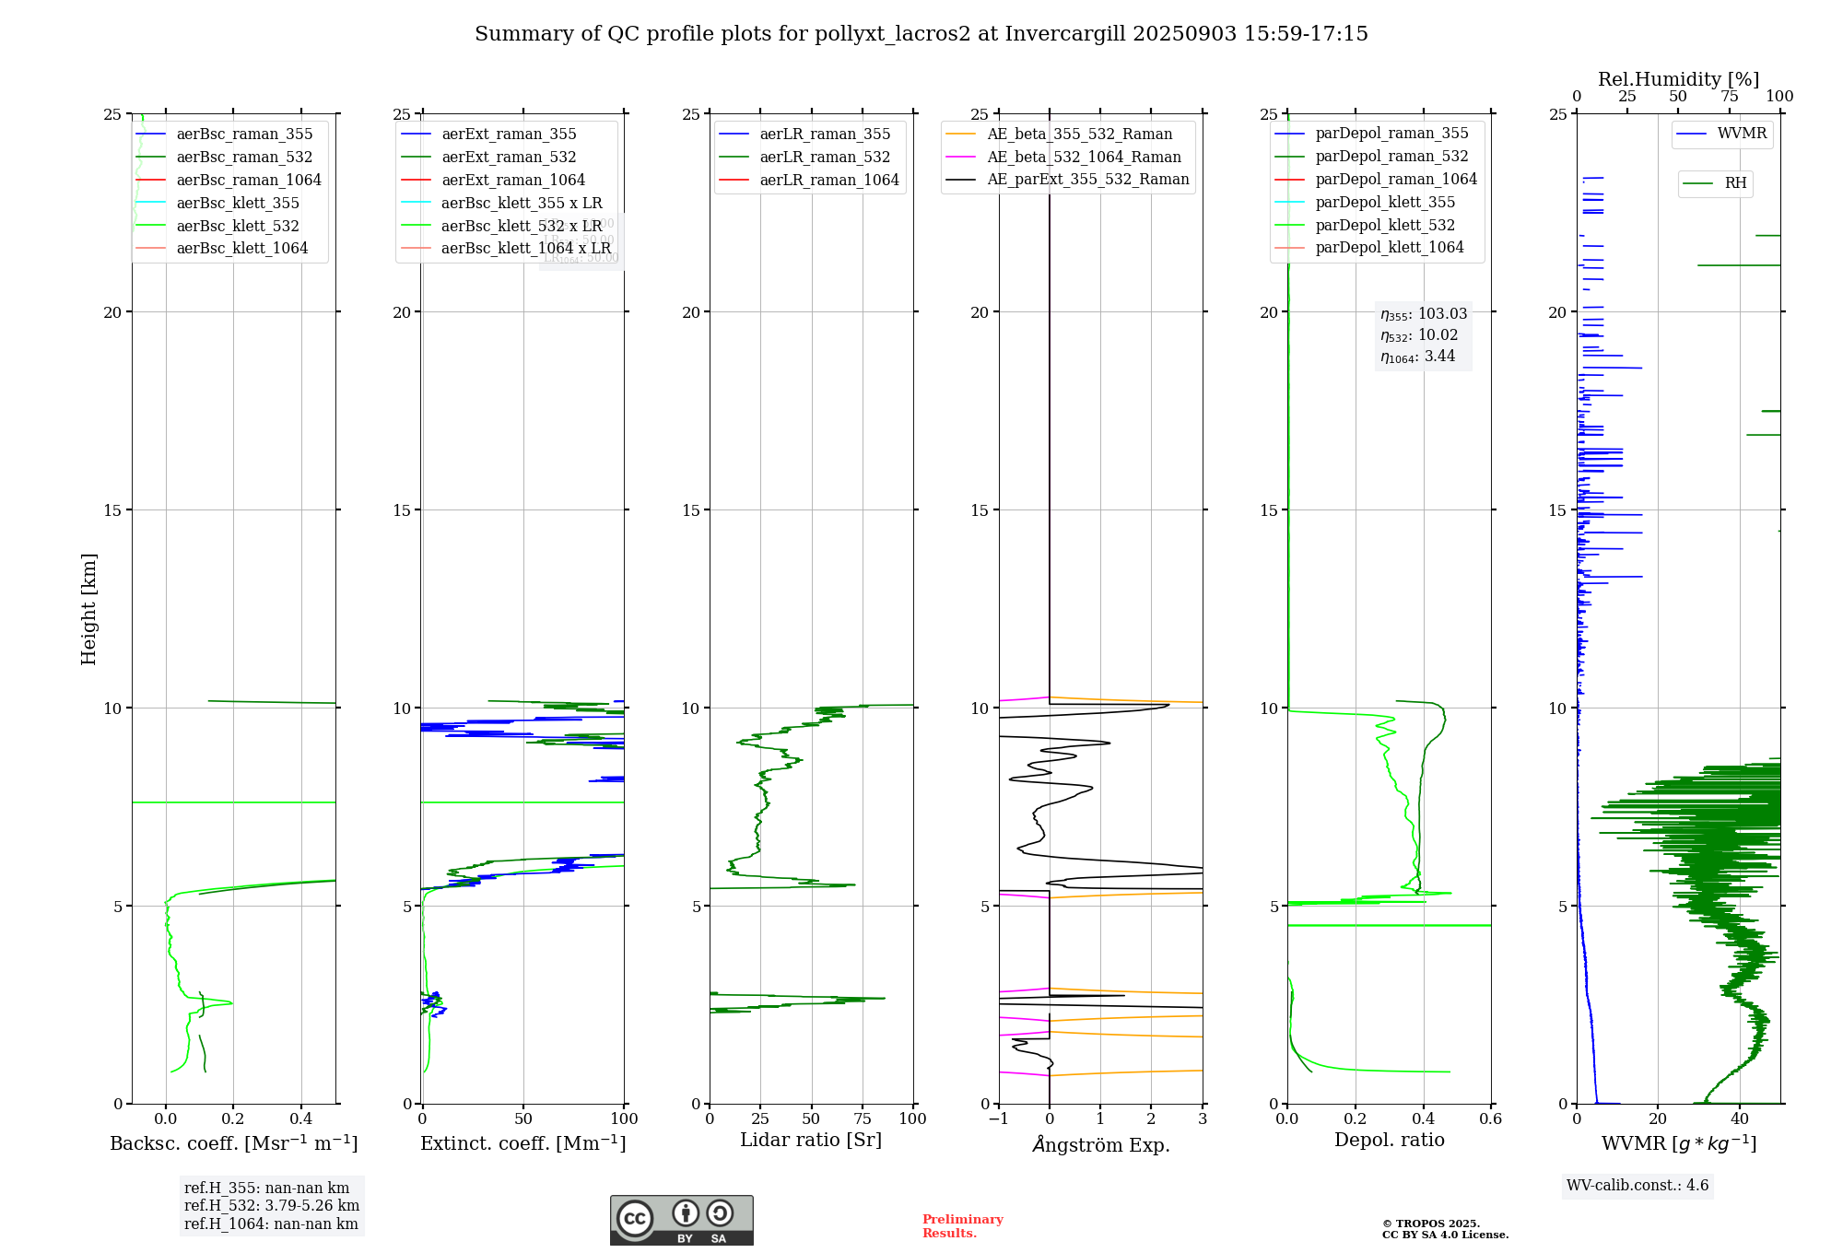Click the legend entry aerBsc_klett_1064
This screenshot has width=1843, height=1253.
tap(241, 249)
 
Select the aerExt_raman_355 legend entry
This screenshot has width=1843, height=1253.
tap(509, 135)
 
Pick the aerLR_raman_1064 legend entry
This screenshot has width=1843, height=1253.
tap(828, 181)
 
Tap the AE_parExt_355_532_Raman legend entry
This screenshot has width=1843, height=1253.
tap(1087, 180)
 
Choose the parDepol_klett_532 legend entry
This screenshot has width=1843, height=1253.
tap(1384, 226)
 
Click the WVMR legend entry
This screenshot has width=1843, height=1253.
tap(1741, 135)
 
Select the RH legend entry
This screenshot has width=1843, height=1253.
tap(1735, 183)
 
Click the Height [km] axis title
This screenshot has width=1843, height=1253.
tap(88, 609)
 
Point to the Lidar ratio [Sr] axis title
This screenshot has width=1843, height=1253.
tap(811, 1141)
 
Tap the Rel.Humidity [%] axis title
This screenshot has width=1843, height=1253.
tap(1678, 79)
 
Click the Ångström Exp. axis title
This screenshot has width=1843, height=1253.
tap(1100, 1145)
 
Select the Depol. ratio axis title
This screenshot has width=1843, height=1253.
tap(1389, 1141)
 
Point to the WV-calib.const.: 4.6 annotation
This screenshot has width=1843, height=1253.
tap(1637, 1186)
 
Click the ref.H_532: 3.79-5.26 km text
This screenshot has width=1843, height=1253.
tap(271, 1206)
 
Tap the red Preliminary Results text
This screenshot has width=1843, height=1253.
tap(962, 1226)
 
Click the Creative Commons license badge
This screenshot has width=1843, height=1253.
tap(681, 1221)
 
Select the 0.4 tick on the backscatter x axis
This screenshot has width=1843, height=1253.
tap(301, 1119)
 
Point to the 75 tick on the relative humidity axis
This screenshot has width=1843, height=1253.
tap(1730, 97)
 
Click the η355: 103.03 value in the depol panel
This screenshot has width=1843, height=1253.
tap(1423, 314)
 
